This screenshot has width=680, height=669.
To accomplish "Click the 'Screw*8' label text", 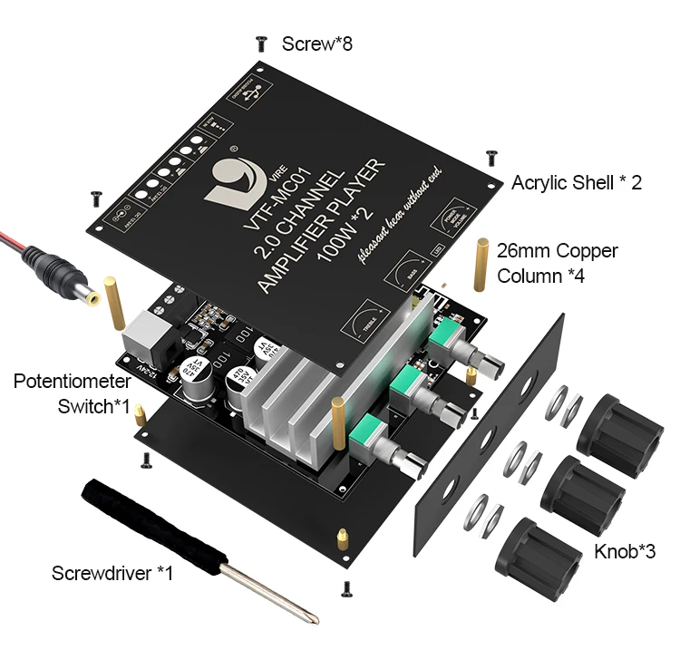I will [316, 43].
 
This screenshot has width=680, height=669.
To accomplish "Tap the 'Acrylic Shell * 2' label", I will [577, 182].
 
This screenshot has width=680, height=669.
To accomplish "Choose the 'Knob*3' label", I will [625, 550].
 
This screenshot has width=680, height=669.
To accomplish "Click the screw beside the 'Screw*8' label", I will [262, 42].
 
